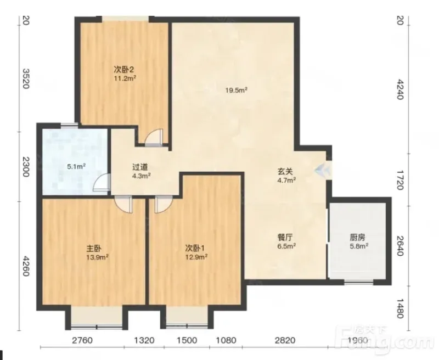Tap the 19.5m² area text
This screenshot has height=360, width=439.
(237, 90)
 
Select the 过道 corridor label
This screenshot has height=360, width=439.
(140, 167)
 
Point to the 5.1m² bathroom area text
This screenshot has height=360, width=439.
(76, 167)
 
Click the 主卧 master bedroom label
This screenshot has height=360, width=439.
(94, 248)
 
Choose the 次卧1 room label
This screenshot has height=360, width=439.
(195, 248)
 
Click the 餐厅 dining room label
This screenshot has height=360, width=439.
(285, 238)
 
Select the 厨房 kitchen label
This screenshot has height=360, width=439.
(358, 238)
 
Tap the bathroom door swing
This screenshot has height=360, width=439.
(102, 183)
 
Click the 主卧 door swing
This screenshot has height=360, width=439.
(123, 204)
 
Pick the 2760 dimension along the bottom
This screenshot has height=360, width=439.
(82, 340)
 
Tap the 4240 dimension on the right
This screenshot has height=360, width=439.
(400, 89)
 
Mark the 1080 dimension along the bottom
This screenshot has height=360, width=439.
(226, 340)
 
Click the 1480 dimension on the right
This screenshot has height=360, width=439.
(400, 308)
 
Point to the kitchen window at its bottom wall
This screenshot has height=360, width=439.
(359, 283)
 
